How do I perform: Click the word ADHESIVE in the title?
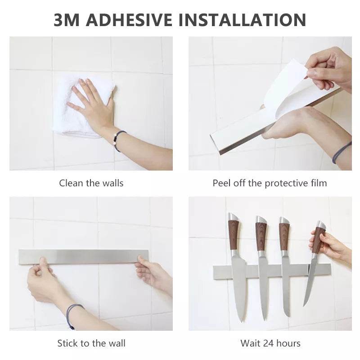[x=129, y=20]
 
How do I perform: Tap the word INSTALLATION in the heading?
[x=242, y=20]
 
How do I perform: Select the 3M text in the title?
[x=67, y=20]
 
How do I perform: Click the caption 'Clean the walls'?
[x=91, y=183]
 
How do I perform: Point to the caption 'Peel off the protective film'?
[x=270, y=183]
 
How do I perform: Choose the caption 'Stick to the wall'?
[x=91, y=343]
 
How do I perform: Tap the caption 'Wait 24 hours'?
[x=270, y=343]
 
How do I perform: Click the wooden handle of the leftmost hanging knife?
[x=234, y=235]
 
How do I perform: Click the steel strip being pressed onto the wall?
[x=84, y=256]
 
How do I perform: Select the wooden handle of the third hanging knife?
[x=284, y=237]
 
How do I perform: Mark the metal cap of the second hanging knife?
[x=261, y=220]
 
